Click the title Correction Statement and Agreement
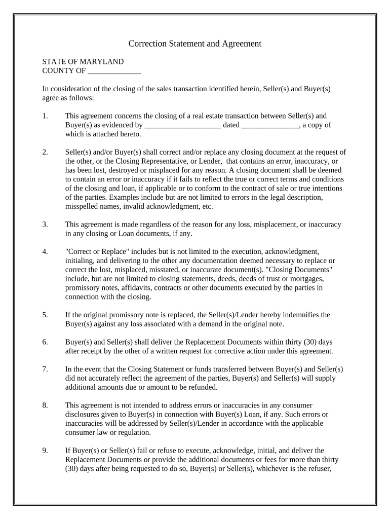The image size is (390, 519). [194, 44]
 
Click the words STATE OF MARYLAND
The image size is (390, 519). [83, 61]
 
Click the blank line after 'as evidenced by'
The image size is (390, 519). [183, 125]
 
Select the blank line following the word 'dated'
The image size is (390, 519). [270, 125]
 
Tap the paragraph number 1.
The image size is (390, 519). [45, 116]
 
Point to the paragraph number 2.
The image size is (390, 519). [45, 152]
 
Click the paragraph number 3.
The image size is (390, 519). [45, 224]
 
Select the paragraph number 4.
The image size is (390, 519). [45, 251]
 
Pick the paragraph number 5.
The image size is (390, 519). [45, 315]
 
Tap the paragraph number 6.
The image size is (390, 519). [45, 342]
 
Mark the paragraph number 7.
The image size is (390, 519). [45, 369]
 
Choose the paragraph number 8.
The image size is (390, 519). [45, 405]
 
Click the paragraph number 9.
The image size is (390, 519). [45, 450]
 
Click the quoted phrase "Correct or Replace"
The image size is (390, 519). [98, 251]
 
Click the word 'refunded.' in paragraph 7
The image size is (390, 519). [203, 387]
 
